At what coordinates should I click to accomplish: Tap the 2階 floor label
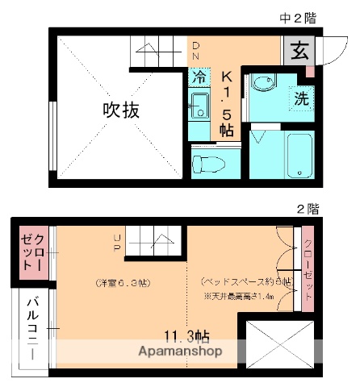(x=308, y=208)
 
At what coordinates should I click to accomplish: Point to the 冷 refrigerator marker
(x=199, y=78)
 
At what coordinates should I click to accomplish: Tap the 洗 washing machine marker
(x=301, y=102)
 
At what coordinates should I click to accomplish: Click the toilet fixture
(x=211, y=161)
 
